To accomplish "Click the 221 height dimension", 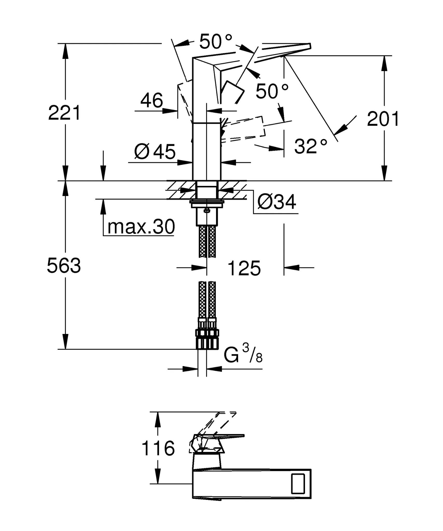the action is [x=65, y=113].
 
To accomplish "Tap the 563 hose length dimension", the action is [x=64, y=265].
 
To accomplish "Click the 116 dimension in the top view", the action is [x=158, y=448].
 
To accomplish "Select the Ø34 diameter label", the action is [x=277, y=202].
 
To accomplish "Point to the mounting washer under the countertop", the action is [x=207, y=204].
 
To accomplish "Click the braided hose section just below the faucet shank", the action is [x=207, y=241].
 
